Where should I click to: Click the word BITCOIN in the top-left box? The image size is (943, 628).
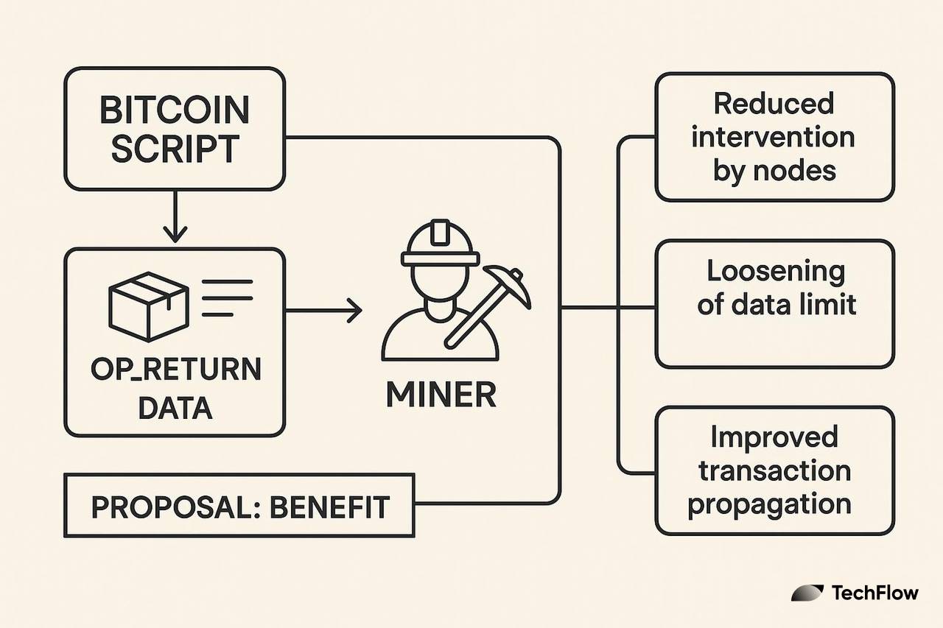(175, 110)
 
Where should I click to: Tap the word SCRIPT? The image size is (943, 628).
(175, 149)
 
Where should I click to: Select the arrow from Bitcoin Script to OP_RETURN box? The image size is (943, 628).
(175, 217)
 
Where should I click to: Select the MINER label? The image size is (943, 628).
(441, 396)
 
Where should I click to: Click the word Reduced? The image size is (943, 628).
(774, 104)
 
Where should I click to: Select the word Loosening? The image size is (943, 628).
(776, 272)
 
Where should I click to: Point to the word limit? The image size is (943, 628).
(830, 304)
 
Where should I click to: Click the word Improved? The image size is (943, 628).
(774, 437)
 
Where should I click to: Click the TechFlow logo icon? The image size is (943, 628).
(807, 593)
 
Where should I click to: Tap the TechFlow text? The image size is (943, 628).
(874, 593)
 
